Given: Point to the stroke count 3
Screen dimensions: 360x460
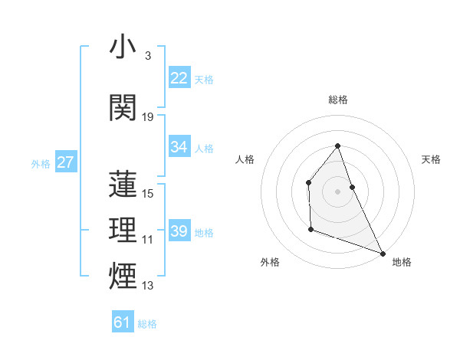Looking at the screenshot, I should click(x=147, y=56).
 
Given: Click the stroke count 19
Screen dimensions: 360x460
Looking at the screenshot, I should click(x=148, y=117).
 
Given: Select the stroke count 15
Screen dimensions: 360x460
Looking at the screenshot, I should click(x=148, y=194).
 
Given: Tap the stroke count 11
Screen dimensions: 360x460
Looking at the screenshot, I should click(x=148, y=240).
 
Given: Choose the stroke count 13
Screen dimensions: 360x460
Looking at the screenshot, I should click(x=148, y=286).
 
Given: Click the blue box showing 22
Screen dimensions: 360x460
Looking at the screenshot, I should click(x=179, y=78).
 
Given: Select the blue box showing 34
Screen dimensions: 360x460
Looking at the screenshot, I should click(x=179, y=147).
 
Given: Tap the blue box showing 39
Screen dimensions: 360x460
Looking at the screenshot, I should click(x=179, y=231).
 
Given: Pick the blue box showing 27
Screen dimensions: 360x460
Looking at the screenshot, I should click(x=65, y=162).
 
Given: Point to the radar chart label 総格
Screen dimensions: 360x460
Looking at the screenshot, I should click(x=337, y=100).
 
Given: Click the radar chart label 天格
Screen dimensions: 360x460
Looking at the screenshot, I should click(x=431, y=159).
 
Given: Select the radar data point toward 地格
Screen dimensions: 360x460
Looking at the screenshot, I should click(x=382, y=252).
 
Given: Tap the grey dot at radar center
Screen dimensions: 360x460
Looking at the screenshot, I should click(x=337, y=191).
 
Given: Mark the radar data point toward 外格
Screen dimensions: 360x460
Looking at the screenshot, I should click(x=310, y=228).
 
